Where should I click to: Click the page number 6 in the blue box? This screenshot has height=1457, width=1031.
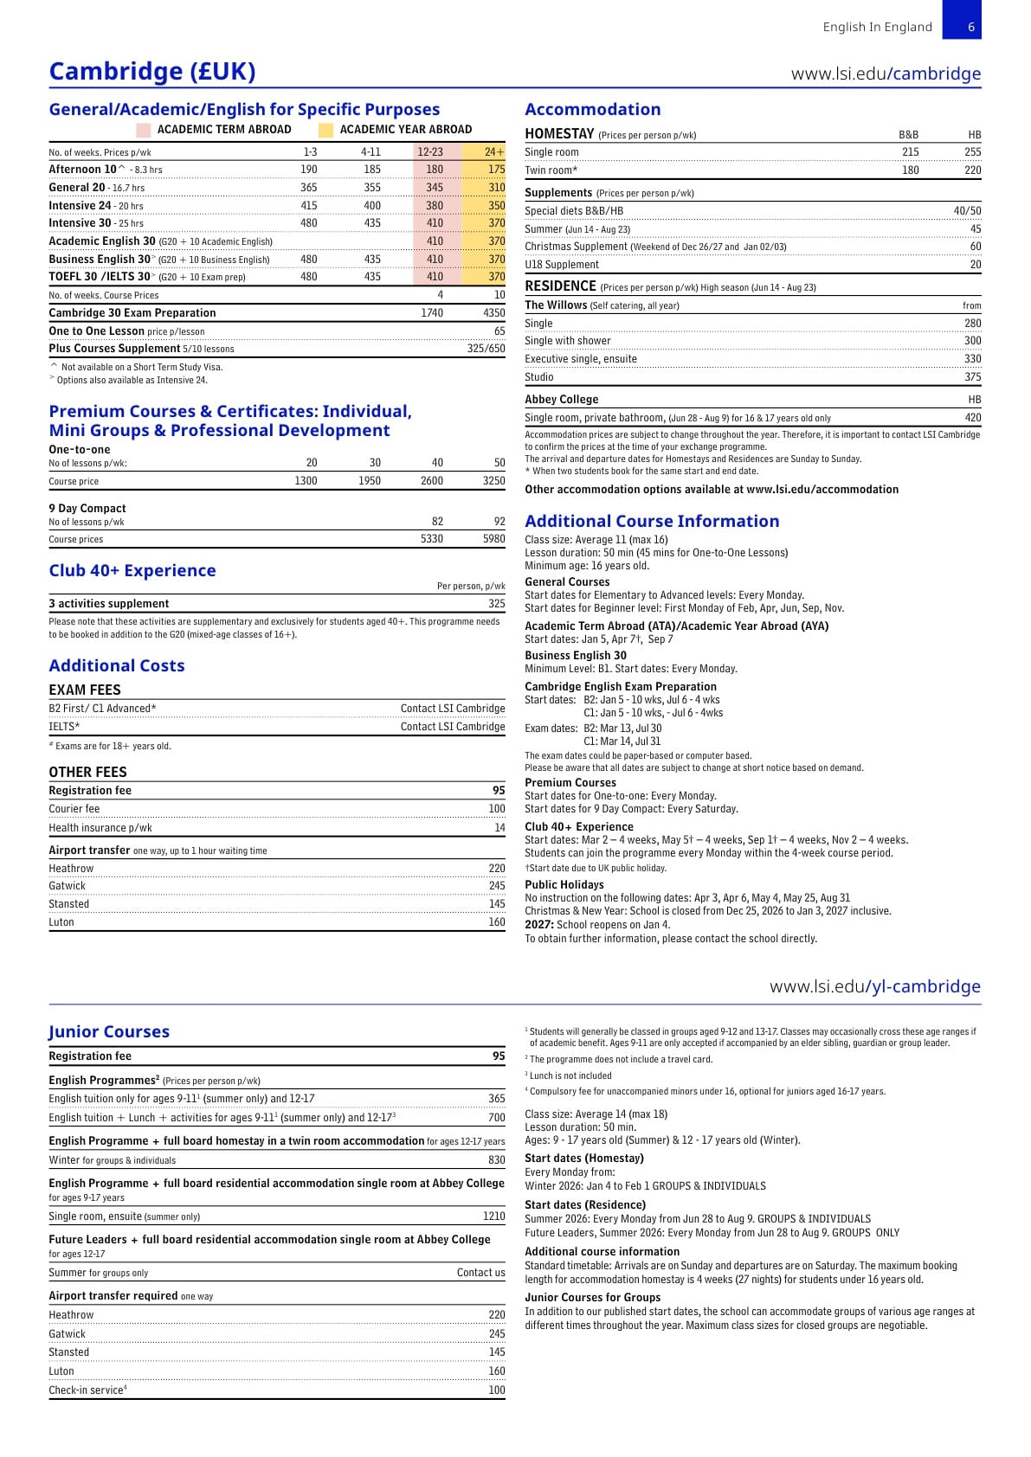(970, 27)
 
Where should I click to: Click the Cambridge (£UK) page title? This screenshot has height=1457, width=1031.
(152, 71)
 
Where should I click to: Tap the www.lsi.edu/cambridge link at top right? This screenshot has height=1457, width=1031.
(886, 74)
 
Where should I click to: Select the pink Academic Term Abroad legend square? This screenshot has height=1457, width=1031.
(143, 130)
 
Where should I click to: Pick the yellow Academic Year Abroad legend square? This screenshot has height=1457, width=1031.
(325, 130)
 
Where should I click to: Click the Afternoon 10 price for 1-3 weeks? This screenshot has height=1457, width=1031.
(308, 170)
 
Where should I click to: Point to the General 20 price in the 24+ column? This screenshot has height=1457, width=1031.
(496, 188)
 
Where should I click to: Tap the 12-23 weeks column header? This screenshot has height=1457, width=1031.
(430, 152)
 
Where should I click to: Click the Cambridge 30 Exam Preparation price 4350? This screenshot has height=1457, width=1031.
(493, 313)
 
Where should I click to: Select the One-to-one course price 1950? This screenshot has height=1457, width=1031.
(370, 481)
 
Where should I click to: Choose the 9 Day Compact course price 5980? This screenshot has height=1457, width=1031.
(493, 539)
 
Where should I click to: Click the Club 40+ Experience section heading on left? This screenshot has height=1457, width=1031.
(132, 570)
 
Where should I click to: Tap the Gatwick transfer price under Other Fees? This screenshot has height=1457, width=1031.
(496, 886)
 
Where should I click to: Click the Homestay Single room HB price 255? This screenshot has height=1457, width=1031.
(972, 152)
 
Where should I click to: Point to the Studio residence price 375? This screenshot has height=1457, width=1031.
(972, 377)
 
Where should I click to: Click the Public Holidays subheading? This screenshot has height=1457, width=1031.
(564, 884)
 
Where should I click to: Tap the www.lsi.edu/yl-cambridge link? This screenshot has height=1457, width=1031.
(874, 986)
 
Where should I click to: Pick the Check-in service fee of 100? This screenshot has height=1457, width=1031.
(496, 1390)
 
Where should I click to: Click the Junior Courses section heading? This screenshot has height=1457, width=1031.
(109, 1031)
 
